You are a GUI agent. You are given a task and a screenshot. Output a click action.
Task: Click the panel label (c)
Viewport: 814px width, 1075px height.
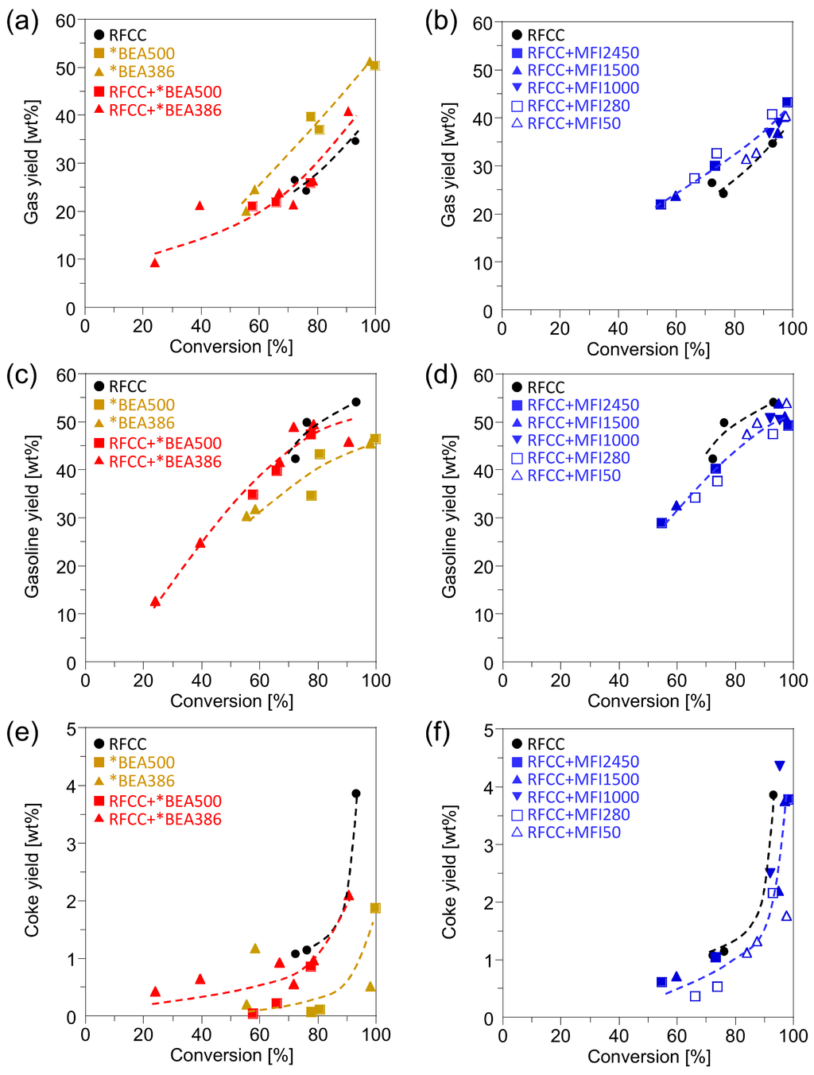21,376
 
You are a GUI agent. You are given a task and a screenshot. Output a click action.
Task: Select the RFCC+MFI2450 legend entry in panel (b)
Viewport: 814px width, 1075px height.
575,53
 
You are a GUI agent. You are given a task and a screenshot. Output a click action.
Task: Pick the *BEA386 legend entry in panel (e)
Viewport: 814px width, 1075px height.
134,781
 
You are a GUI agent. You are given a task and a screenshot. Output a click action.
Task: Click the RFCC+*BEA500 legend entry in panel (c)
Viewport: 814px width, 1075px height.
157,444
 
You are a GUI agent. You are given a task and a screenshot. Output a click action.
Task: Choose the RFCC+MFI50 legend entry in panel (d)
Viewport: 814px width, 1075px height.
566,475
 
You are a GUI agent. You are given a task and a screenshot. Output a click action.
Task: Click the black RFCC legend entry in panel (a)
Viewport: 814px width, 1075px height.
120,35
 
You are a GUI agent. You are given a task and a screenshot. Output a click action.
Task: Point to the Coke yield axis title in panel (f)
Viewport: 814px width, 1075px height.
449,872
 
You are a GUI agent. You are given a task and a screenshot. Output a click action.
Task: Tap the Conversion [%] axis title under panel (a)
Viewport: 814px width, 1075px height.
231,347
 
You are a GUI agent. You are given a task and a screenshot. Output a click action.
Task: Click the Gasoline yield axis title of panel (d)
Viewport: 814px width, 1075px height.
449,517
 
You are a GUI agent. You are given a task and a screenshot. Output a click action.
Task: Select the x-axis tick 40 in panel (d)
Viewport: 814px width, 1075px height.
618,681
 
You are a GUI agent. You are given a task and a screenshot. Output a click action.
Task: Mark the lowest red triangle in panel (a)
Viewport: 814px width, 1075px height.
155,262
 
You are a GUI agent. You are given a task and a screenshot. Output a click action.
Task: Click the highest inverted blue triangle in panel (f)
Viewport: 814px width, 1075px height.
780,766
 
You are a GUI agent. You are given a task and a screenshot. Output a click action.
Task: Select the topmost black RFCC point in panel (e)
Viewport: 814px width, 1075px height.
356,794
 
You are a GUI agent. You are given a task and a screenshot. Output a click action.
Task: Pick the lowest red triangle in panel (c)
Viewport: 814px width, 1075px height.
155,602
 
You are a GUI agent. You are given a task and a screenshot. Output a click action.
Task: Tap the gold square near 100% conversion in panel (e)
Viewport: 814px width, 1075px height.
375,908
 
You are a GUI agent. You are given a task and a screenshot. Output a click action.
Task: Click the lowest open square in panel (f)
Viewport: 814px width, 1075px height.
696,996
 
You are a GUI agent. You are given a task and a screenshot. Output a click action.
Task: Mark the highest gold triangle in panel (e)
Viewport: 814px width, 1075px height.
255,949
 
